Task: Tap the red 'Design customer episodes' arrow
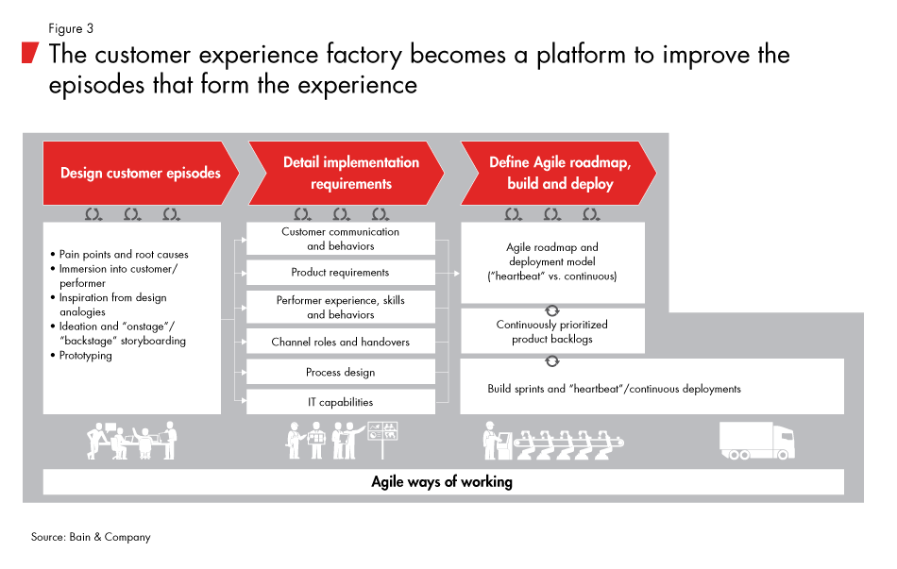pos(140,173)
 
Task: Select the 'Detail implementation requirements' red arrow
pos(350,173)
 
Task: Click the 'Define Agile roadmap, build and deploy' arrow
pos(559,173)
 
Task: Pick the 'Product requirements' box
pos(340,273)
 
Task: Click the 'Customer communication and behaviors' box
pos(340,239)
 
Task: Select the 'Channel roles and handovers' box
pos(340,342)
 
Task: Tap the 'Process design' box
pos(340,372)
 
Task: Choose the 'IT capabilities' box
pos(340,402)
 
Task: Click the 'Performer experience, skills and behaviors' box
pos(340,307)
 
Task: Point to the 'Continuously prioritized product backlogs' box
pos(551,331)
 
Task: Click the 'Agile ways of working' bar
pos(442,482)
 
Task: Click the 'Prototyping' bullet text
pos(88,356)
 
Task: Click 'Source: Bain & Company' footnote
pos(91,537)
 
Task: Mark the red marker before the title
pos(31,52)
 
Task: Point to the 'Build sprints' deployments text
pos(614,388)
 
